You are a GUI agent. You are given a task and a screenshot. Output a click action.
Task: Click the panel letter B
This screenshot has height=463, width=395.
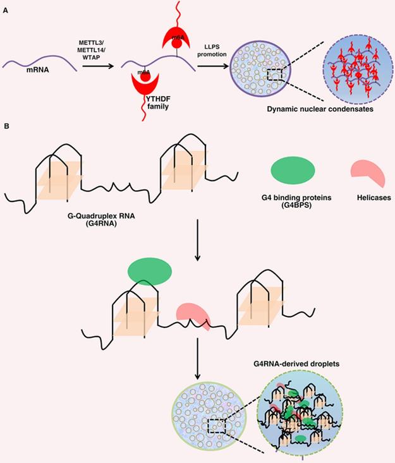click(x=6, y=127)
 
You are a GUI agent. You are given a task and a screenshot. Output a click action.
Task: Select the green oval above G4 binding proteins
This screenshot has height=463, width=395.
click(x=293, y=171)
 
